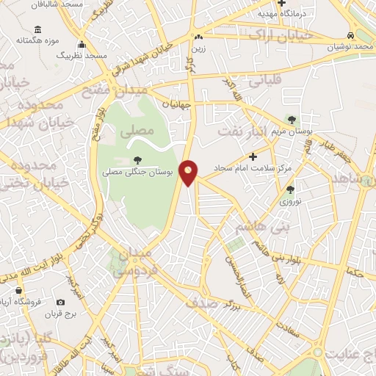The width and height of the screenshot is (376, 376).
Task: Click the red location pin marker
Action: pos(189,173)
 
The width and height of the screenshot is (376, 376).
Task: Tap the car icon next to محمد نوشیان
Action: pos(352,35)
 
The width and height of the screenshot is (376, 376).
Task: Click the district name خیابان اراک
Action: pos(281,35)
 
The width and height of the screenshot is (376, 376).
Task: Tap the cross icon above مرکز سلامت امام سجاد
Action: pos(253,156)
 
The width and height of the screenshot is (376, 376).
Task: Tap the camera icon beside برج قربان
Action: pos(60,302)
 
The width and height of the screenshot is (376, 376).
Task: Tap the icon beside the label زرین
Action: pos(198,36)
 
